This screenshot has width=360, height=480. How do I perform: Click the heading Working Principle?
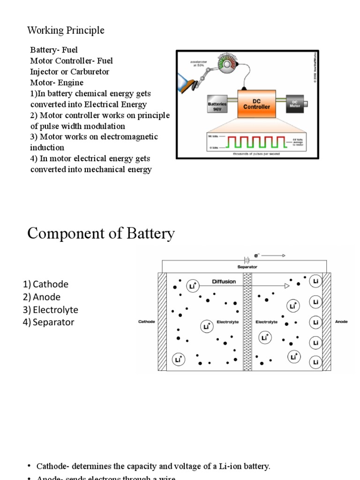(x=66, y=30)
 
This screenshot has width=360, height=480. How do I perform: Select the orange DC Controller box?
(x=256, y=104)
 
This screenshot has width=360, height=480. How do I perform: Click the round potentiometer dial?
(x=227, y=65)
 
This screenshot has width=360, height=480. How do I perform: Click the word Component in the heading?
(x=64, y=233)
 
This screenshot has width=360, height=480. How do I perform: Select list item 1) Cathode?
(x=45, y=284)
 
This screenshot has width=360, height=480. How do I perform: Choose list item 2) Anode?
(x=42, y=297)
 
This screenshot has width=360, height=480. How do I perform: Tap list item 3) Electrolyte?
(x=51, y=310)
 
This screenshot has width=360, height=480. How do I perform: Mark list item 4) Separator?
(x=48, y=322)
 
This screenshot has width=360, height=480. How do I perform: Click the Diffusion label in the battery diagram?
(x=224, y=282)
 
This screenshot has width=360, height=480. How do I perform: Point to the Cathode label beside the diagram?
(x=147, y=322)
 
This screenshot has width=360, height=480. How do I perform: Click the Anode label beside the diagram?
(x=341, y=322)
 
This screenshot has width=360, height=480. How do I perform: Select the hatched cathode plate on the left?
(x=162, y=322)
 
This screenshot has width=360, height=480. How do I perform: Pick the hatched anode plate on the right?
(x=327, y=322)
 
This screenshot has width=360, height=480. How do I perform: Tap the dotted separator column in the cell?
(x=247, y=322)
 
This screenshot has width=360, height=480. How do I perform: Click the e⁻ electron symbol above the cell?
(x=257, y=255)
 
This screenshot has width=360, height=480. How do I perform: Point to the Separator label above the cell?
(x=247, y=266)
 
